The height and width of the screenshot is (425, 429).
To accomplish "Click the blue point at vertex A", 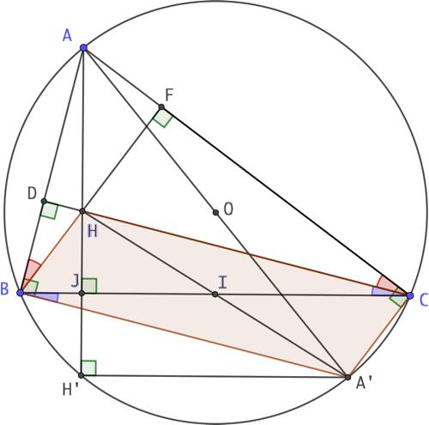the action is [83, 47].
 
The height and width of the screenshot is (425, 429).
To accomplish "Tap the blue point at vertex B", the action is [21, 293].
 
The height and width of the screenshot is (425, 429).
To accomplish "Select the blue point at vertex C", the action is [410, 295].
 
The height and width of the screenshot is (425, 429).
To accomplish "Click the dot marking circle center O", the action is [215, 212].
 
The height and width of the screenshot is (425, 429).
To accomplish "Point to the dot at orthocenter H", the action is [82, 211].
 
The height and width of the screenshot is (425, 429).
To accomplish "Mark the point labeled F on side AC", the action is [161, 107].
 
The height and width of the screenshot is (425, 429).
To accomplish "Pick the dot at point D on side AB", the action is [44, 201].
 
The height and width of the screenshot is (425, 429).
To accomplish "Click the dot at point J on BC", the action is [82, 293].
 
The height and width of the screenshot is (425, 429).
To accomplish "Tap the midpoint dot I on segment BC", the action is [215, 294].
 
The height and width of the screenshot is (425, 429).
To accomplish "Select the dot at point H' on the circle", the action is [82, 375].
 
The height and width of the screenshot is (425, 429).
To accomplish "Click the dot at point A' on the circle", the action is [347, 377].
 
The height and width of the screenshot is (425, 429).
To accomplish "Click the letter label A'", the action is [364, 383].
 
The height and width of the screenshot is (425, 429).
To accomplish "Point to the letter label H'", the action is [70, 389].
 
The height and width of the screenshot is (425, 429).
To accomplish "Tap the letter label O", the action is [228, 209].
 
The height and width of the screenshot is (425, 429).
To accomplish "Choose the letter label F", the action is [169, 95].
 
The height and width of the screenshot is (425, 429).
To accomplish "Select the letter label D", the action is [32, 193].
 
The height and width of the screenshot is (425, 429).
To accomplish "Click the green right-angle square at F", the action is [163, 118].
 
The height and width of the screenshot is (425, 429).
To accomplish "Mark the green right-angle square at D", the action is [50, 210].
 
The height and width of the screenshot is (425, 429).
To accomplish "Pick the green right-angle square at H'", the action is [88, 368].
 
